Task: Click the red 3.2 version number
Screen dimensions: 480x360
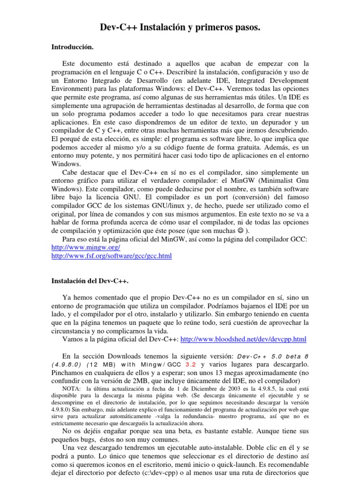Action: tap(192, 365)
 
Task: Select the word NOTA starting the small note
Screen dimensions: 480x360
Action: tap(71, 389)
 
